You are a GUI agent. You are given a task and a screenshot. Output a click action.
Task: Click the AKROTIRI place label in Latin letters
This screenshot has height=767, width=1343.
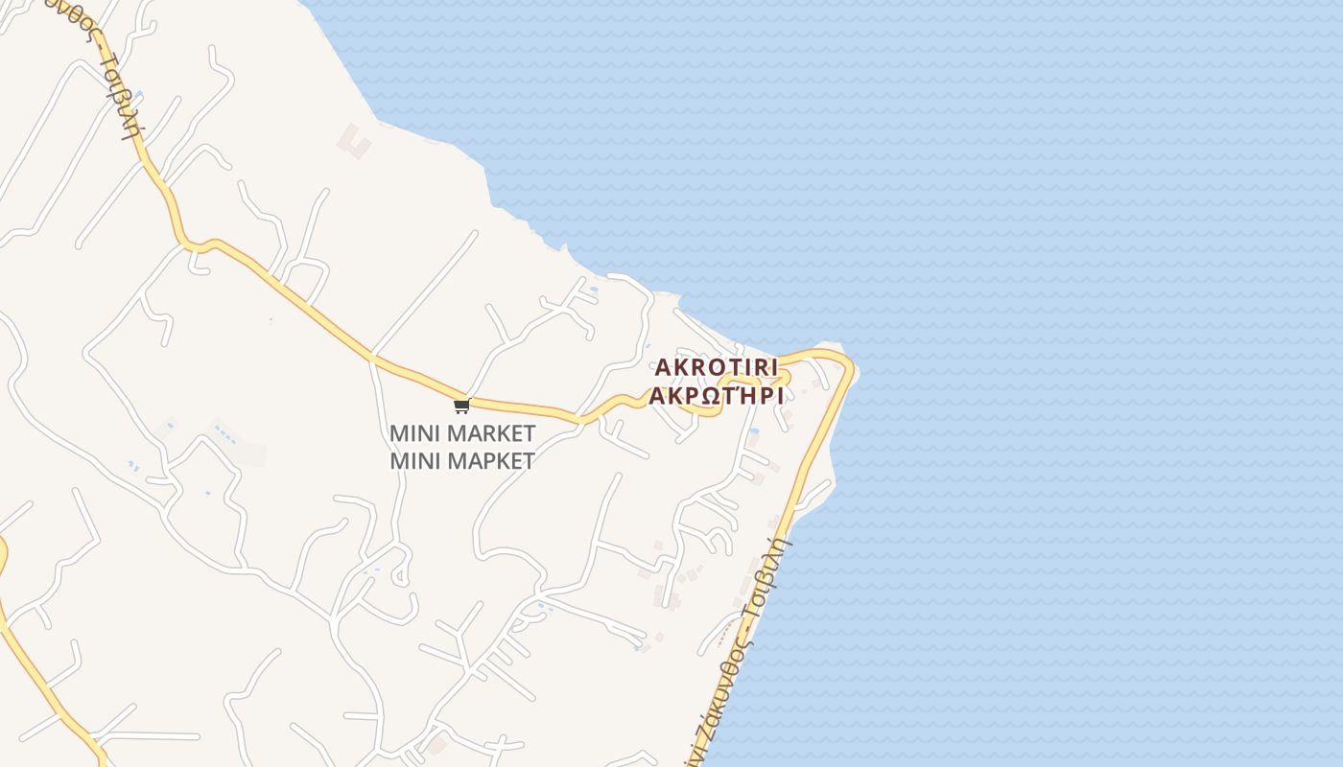[716, 368]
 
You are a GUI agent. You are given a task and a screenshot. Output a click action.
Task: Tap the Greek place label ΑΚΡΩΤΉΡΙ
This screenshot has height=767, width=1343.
[716, 396]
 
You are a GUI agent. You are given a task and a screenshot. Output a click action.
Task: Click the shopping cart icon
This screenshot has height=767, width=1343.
[461, 406]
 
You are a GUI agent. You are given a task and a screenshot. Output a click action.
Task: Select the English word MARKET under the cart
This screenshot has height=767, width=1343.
[490, 433]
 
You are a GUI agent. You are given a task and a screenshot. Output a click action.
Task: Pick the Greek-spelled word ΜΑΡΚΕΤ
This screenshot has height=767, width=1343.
[490, 461]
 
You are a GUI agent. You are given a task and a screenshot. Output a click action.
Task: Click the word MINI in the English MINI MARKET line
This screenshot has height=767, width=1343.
[415, 433]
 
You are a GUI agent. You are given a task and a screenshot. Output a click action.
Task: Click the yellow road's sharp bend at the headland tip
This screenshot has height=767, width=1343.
[849, 365]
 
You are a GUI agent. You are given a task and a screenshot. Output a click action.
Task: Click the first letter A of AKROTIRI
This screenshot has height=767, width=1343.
[662, 368]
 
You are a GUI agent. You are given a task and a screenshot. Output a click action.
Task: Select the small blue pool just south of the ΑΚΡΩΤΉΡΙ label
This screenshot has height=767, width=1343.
[754, 432]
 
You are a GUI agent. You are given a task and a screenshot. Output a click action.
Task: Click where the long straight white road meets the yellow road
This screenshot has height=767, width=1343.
[373, 357]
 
